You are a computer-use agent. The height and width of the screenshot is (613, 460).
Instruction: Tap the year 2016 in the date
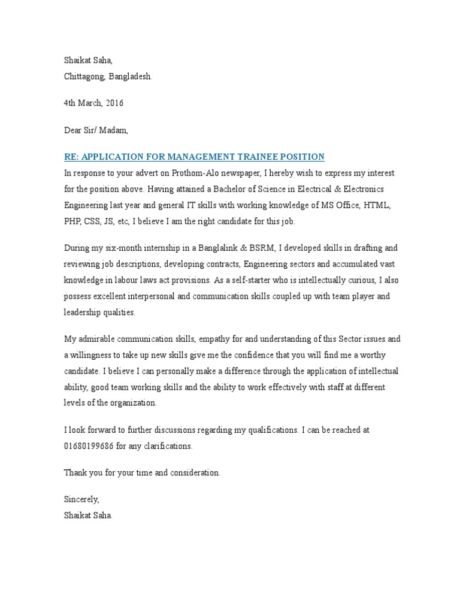(114, 103)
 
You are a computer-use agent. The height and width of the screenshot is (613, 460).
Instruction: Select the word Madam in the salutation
(114, 130)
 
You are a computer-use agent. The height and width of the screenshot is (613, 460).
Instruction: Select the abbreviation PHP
(73, 221)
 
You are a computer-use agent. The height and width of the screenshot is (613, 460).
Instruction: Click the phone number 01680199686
(89, 446)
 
